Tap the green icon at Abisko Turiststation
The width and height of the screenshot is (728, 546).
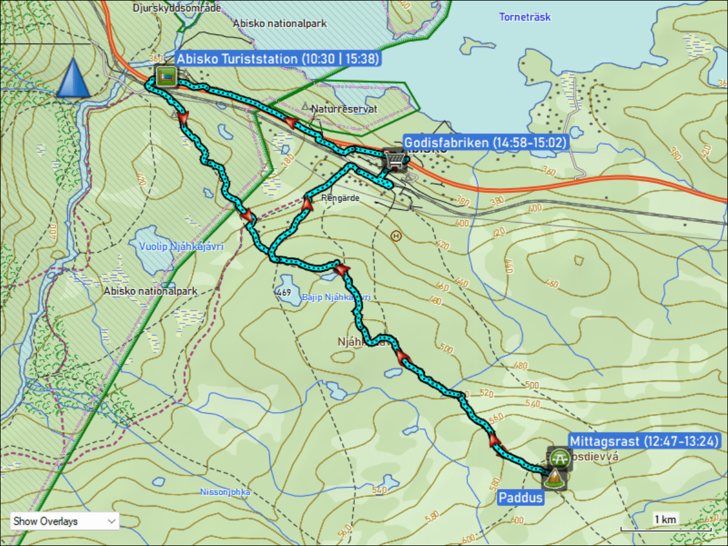click(x=166, y=76)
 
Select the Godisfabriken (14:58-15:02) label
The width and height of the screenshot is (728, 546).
click(x=485, y=143)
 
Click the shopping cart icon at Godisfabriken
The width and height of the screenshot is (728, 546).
click(x=394, y=160)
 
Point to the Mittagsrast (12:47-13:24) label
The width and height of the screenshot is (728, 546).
click(x=644, y=441)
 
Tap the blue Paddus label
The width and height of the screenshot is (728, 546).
click(x=521, y=498)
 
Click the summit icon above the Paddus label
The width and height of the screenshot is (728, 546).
click(x=553, y=479)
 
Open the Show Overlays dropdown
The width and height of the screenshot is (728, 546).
click(x=64, y=521)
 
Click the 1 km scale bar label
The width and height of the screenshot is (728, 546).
click(x=665, y=519)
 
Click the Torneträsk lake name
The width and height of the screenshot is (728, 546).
click(x=525, y=17)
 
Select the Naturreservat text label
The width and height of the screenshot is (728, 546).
click(x=344, y=109)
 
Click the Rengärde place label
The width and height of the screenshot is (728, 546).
click(x=340, y=198)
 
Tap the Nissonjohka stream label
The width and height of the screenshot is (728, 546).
click(x=225, y=492)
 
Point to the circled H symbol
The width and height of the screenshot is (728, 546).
click(x=396, y=235)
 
